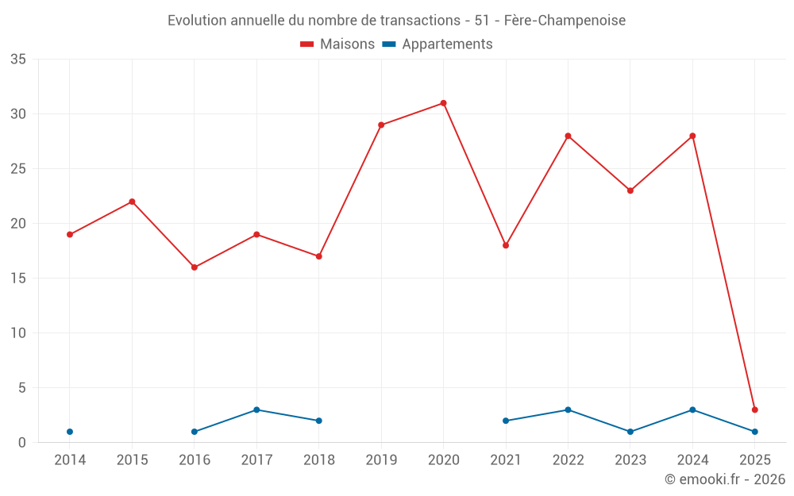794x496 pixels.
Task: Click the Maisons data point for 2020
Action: [443, 103]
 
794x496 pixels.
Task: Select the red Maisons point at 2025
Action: [754, 409]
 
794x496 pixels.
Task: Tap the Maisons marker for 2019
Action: [381, 125]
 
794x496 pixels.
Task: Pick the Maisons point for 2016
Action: [195, 267]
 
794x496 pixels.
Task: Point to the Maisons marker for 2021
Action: [506, 245]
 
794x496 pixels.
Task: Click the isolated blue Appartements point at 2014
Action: [70, 432]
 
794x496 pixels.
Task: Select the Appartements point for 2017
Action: [256, 409]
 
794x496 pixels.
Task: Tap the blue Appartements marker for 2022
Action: [568, 409]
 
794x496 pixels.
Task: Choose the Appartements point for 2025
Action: [754, 432]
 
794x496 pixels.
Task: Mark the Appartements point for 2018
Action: [319, 421]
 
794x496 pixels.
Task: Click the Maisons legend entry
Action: [337, 44]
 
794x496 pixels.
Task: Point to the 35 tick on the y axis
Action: [18, 60]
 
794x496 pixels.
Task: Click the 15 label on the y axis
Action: [18, 279]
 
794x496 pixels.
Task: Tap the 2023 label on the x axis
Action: [630, 460]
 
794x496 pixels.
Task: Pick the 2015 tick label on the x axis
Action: [132, 460]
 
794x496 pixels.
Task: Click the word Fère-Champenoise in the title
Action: [565, 20]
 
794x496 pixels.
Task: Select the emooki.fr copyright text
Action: [724, 479]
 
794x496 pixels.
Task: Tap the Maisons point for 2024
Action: [692, 136]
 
